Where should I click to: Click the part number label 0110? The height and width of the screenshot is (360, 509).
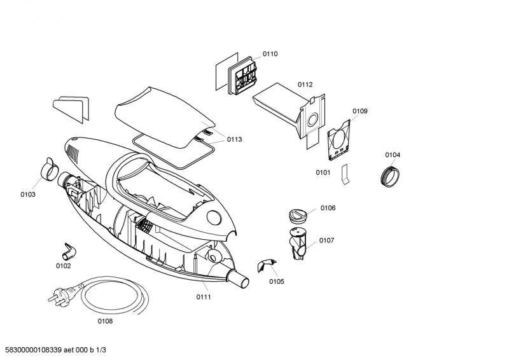coord(270,54)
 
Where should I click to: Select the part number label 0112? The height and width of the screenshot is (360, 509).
coord(305,85)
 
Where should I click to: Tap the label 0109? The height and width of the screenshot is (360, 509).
coord(359,111)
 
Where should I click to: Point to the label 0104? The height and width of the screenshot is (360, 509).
coord(393,155)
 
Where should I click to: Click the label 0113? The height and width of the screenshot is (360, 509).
coord(235,139)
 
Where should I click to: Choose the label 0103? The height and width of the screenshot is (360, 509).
coord(27,194)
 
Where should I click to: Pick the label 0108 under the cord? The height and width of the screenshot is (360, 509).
coord(105,321)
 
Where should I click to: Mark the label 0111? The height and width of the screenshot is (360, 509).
coord(204,297)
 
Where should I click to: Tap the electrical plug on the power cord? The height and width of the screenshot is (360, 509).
coord(55,296)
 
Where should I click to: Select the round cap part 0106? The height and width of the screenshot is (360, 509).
coord(297,214)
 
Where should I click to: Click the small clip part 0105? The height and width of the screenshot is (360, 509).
coord(265,265)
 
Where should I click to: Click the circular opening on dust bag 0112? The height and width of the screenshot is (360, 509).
coord(312,120)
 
